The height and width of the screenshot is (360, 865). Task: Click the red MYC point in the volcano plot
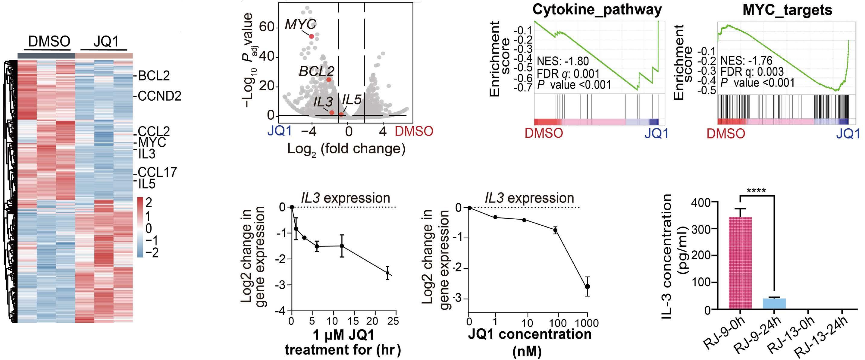click(311, 36)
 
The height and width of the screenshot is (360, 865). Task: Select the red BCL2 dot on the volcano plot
click(329, 80)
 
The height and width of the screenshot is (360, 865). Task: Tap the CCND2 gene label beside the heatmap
click(159, 96)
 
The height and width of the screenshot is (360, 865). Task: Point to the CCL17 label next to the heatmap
click(157, 172)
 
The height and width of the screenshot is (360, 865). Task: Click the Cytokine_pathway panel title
click(597, 10)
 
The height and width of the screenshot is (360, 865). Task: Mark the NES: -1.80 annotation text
click(563, 61)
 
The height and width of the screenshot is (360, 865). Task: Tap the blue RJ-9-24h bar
click(774, 303)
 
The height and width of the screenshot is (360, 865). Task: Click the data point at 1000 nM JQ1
click(587, 286)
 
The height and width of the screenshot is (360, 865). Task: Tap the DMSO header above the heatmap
click(49, 42)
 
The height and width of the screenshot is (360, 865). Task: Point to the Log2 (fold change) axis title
click(346, 149)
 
